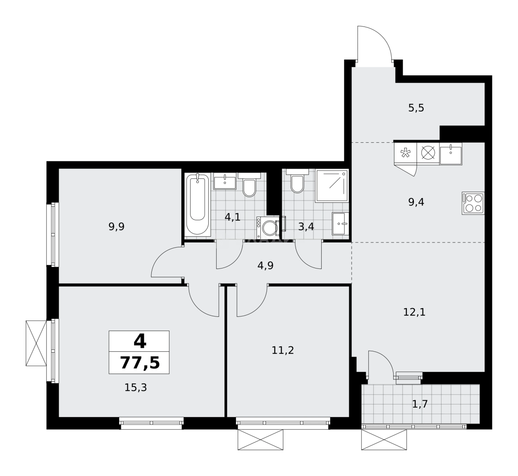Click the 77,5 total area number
[139, 363]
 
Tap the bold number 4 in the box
[139, 341]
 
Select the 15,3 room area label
[135, 388]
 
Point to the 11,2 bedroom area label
[283, 350]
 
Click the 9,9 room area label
[116, 227]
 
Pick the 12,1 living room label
[414, 312]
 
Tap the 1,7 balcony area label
[420, 404]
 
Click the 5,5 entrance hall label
[416, 108]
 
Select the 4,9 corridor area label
[265, 265]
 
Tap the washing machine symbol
[268, 227]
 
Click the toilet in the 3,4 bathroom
[297, 184]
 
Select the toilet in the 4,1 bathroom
[249, 187]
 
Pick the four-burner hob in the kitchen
[473, 203]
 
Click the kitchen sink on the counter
[450, 153]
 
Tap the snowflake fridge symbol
[405, 153]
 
